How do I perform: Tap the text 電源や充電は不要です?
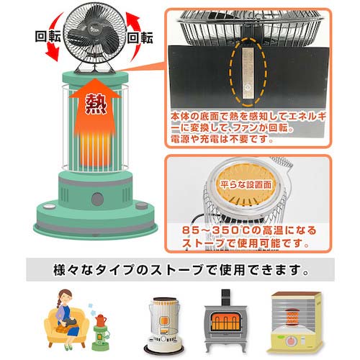(222, 140)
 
